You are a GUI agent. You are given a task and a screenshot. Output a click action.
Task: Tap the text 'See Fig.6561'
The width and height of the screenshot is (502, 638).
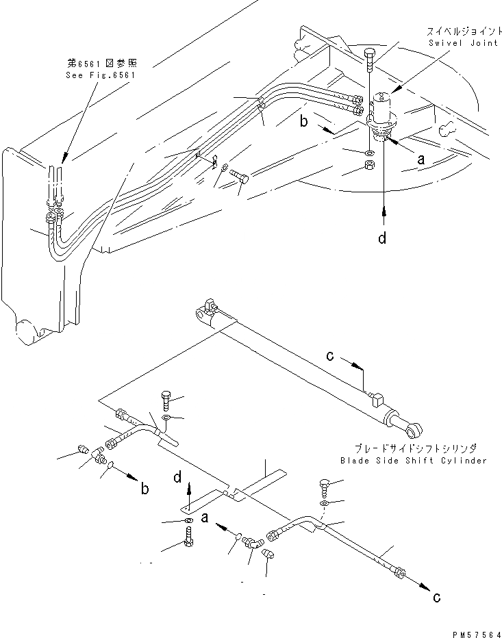tap(97, 75)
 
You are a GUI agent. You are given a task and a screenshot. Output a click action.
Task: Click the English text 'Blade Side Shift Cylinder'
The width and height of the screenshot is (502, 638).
tap(413, 461)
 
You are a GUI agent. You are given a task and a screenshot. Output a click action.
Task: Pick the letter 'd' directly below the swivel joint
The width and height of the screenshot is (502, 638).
tap(384, 238)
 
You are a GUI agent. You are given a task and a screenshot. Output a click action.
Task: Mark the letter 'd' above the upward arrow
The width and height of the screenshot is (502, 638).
tap(176, 475)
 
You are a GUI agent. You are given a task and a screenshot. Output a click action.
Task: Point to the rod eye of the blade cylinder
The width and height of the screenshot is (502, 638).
tap(412, 431)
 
